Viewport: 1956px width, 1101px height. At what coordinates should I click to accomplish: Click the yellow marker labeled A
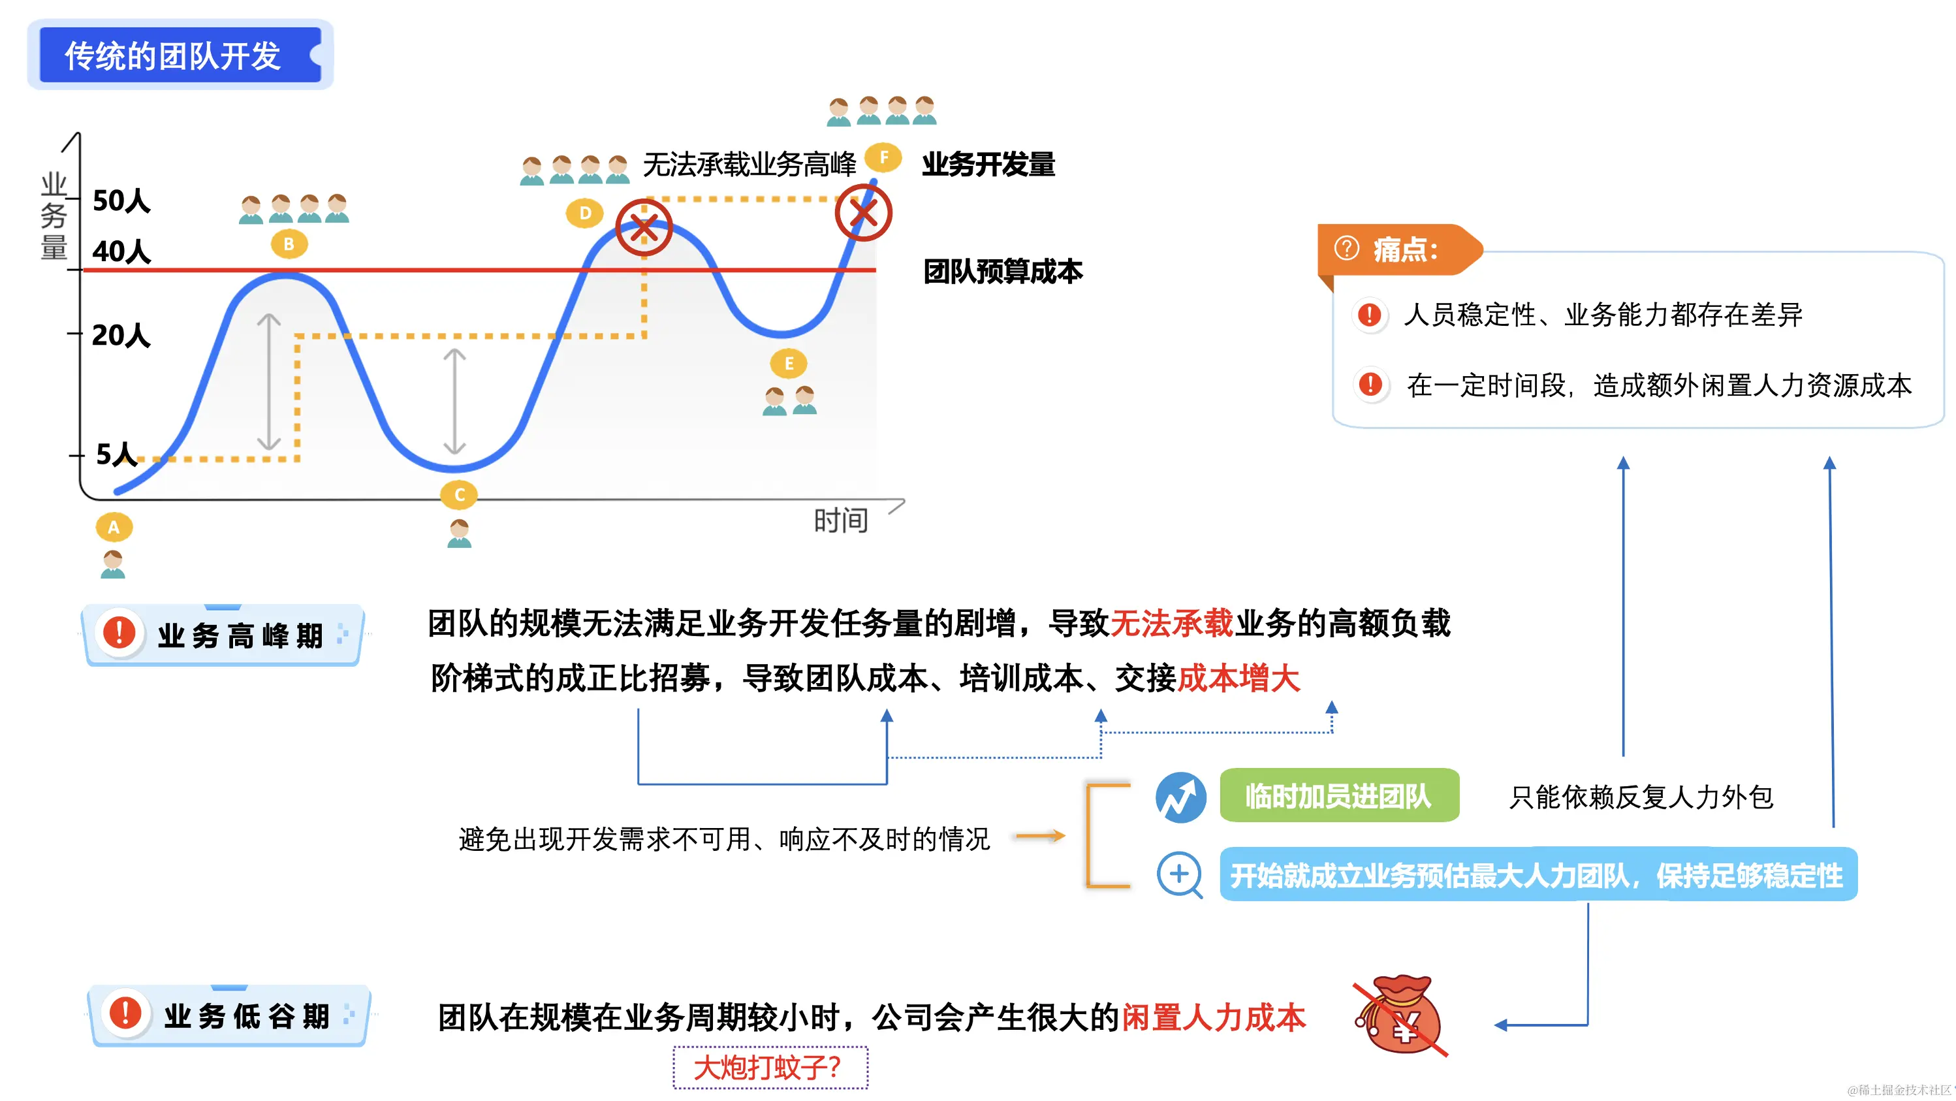coord(114,527)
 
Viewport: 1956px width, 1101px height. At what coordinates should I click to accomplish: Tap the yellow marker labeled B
coord(289,244)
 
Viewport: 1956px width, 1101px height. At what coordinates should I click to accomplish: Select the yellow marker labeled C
coord(460,495)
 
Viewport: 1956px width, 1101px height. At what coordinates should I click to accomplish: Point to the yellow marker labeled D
coord(585,214)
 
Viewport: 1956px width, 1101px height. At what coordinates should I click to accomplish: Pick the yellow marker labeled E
coord(789,364)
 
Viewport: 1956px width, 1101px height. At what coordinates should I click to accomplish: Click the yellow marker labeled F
coord(883,158)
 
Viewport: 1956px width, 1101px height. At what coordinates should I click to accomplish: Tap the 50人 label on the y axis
coord(121,201)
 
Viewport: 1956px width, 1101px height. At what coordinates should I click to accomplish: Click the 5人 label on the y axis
coord(116,454)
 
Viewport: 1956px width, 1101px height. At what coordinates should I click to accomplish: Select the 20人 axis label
coord(121,335)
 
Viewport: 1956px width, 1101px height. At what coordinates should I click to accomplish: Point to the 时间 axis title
coord(840,521)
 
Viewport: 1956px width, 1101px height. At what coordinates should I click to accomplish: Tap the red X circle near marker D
coord(644,227)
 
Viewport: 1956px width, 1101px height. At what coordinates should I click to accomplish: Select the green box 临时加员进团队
coord(1338,796)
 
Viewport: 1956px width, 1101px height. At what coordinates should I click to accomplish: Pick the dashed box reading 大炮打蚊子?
coord(770,1068)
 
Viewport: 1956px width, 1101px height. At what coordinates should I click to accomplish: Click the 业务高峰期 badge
coord(223,635)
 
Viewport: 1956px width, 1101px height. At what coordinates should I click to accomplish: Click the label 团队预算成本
coord(1002,271)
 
